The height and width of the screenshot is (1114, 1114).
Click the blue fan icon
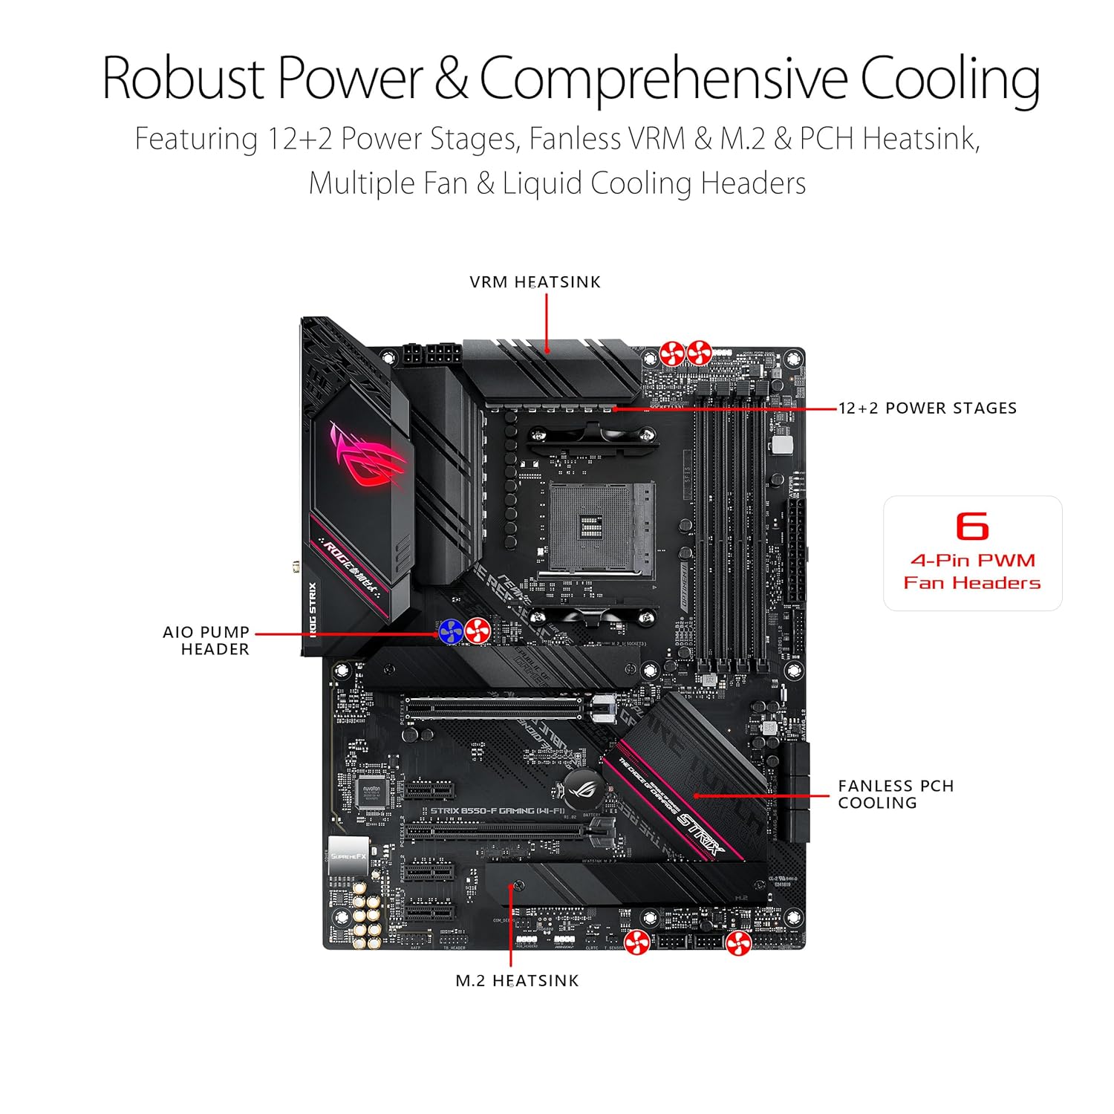[451, 632]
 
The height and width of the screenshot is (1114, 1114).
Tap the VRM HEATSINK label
[535, 282]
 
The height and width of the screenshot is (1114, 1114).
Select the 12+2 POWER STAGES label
[928, 408]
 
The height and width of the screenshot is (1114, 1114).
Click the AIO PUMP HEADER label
[206, 640]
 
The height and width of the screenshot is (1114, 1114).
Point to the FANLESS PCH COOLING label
[895, 794]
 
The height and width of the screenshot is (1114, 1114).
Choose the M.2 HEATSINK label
[517, 981]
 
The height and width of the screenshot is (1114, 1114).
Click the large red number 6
[972, 527]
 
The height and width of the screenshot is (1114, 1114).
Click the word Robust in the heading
[183, 78]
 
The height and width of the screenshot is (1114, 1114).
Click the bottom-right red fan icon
[738, 943]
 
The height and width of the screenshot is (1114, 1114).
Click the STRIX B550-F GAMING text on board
[498, 811]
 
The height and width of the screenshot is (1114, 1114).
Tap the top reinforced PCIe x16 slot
[494, 708]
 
